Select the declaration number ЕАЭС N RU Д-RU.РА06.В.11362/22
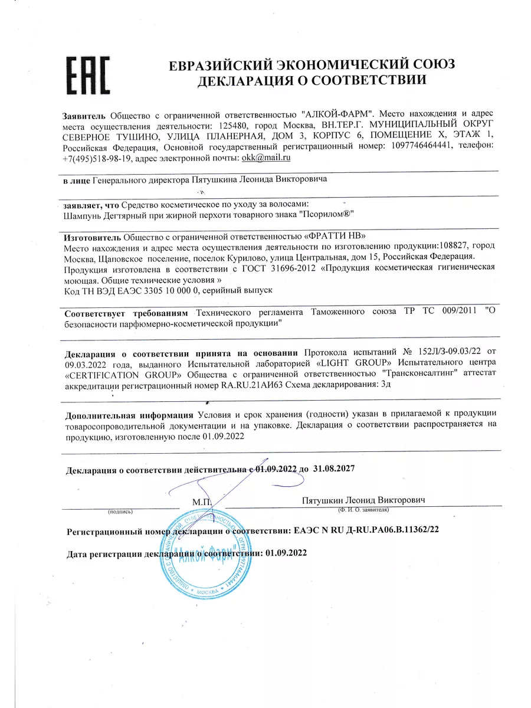pyautogui.click(x=366, y=530)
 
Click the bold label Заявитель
pyautogui.click(x=84, y=113)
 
